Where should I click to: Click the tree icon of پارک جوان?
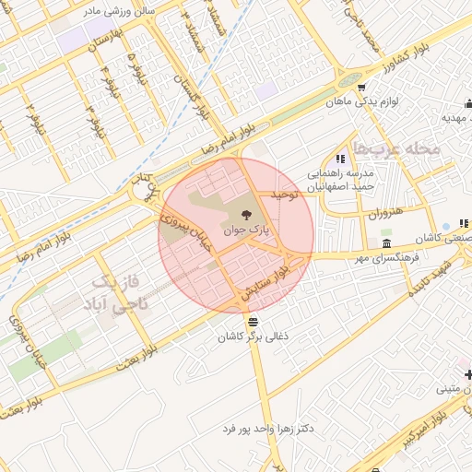(x=231, y=215)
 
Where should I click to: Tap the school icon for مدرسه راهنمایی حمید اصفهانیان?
(x=341, y=159)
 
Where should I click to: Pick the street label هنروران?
(x=386, y=214)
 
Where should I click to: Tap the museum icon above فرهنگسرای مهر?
(x=385, y=243)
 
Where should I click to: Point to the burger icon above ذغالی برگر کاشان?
(x=254, y=322)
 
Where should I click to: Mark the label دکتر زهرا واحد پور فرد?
(x=277, y=429)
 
